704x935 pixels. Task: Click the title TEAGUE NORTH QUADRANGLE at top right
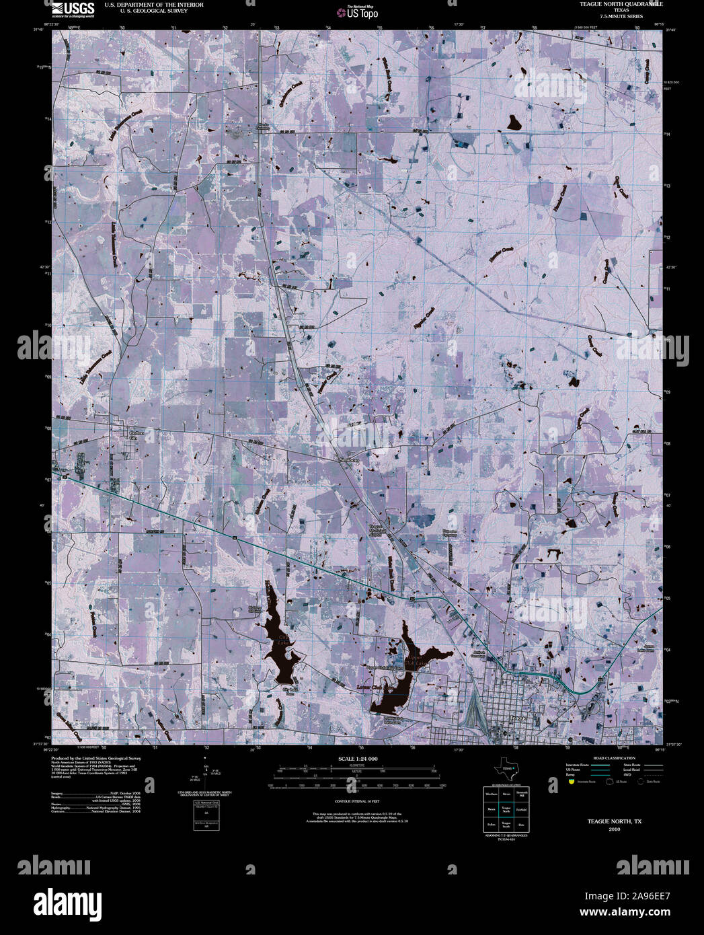click(612, 4)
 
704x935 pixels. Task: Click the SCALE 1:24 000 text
click(358, 759)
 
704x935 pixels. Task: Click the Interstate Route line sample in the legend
click(596, 765)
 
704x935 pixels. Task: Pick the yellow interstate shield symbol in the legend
click(572, 782)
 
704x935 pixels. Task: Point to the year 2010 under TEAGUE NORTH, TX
click(614, 829)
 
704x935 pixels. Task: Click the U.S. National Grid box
click(202, 815)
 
